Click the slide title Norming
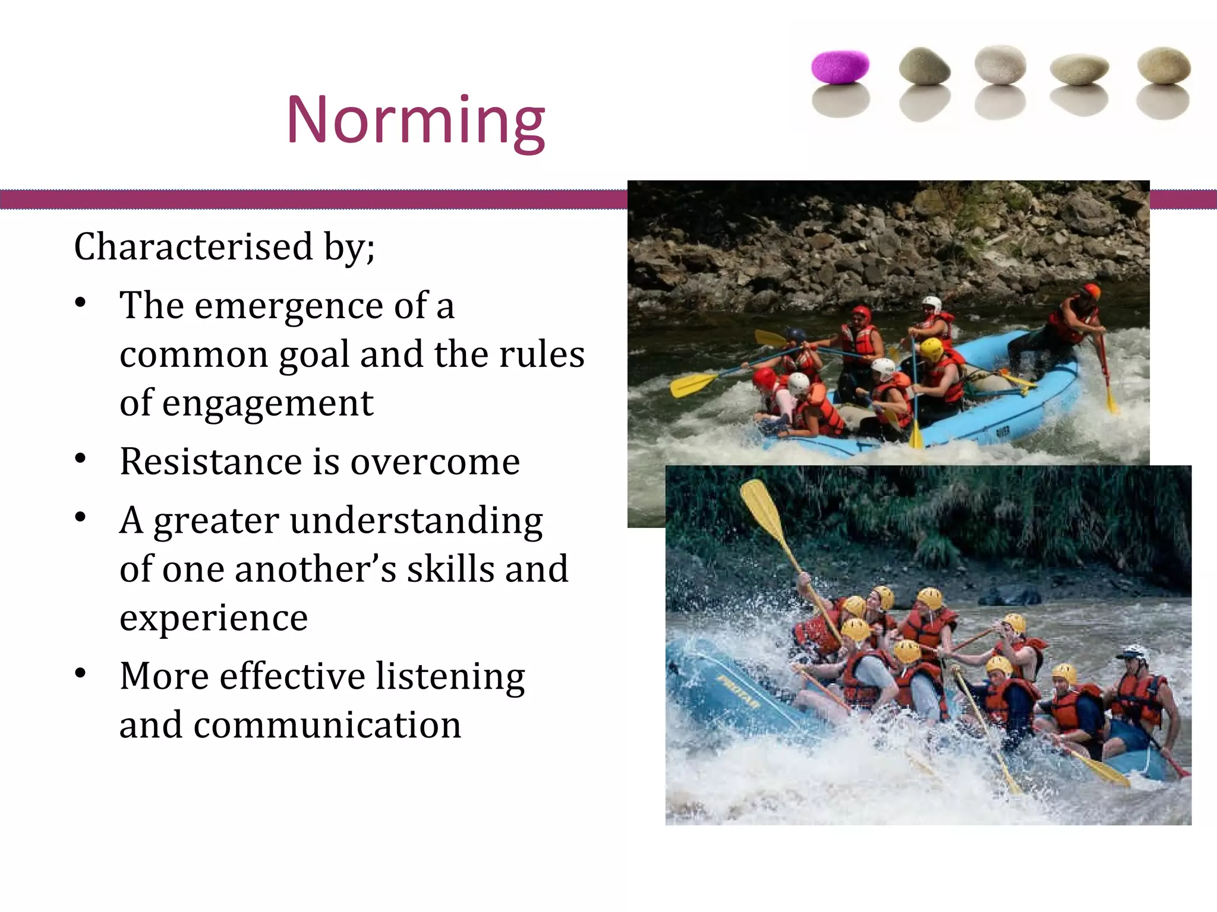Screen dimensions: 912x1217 tap(415, 121)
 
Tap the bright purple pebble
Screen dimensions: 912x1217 tap(840, 66)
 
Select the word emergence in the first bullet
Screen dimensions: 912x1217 tap(289, 306)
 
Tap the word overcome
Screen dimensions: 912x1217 tap(435, 462)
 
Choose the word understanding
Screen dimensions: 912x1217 tap(416, 521)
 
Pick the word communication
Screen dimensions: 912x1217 tap(327, 726)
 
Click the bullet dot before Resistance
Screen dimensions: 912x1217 tap(81, 458)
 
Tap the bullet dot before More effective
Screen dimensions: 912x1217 tap(81, 673)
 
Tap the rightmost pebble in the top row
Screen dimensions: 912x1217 tap(1163, 65)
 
